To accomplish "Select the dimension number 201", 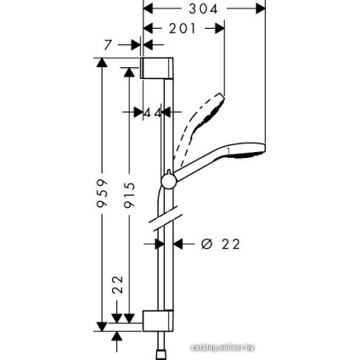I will pos(183,28).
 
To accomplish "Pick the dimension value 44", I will pos(153,112).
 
